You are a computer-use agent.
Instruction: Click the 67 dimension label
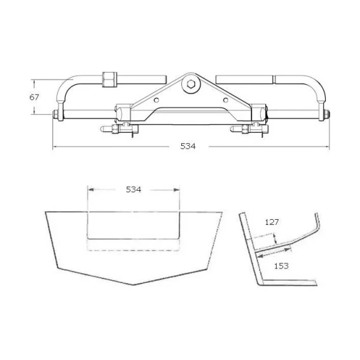[34, 97]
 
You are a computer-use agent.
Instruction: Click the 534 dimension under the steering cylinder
[188, 147]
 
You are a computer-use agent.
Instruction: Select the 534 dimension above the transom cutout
[133, 189]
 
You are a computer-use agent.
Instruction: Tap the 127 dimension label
[272, 222]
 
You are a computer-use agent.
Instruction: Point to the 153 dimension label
[281, 266]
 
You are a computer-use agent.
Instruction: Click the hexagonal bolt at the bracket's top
[191, 84]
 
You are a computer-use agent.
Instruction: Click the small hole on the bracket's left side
[157, 100]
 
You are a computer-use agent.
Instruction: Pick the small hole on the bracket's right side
[225, 100]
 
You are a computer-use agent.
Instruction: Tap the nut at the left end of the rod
[55, 114]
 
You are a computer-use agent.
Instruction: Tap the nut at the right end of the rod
[327, 114]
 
